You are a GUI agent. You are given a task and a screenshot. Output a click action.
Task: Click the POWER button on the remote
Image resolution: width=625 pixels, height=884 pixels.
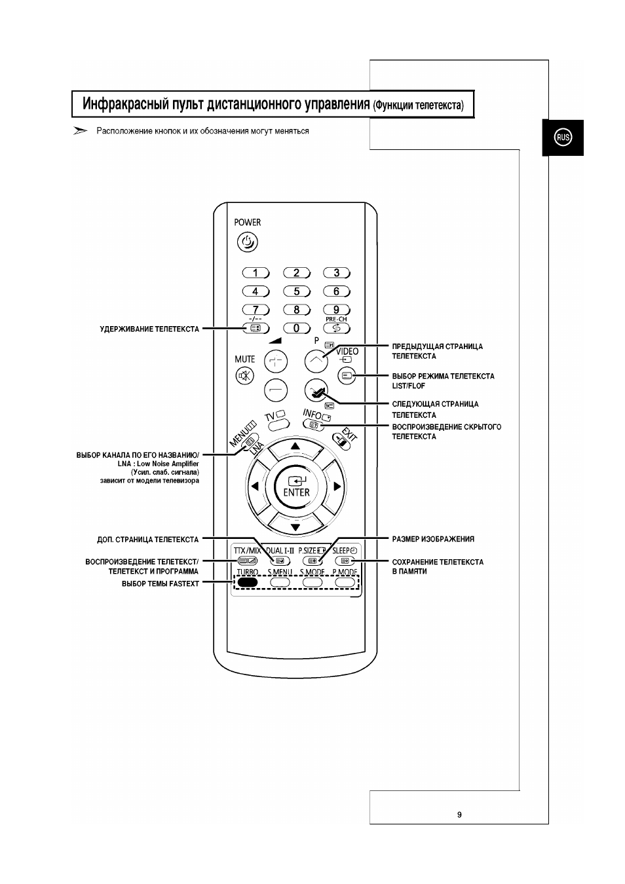tap(247, 242)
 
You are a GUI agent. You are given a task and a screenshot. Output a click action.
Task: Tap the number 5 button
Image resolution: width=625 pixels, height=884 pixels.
tap(297, 291)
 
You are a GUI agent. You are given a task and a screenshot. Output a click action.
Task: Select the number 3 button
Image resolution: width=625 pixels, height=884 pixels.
tap(336, 272)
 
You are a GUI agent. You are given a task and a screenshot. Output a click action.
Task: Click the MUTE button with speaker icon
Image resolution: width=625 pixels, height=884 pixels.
tap(245, 376)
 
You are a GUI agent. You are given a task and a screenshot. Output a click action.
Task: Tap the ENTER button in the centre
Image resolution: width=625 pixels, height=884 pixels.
tap(296, 487)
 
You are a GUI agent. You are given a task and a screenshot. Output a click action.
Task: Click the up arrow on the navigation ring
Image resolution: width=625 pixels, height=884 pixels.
tap(295, 447)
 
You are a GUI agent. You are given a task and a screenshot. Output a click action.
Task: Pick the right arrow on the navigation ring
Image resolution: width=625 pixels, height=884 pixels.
tap(337, 487)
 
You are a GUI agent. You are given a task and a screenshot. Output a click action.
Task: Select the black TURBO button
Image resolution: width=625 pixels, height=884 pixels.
tap(248, 582)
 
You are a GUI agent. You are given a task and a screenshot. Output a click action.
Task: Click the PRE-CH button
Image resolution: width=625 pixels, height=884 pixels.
tap(336, 328)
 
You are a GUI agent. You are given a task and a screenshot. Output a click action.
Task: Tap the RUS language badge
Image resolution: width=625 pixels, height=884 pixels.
tap(563, 138)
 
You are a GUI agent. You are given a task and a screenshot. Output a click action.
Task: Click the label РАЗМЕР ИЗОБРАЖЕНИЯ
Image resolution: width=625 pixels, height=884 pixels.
tap(433, 539)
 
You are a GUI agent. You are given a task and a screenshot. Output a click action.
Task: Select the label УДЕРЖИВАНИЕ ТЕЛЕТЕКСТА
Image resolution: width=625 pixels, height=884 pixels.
tap(149, 329)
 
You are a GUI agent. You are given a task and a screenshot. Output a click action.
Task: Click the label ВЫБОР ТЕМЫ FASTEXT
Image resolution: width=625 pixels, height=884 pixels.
tap(161, 583)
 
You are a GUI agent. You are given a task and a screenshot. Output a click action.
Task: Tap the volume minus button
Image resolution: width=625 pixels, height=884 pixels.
tap(276, 390)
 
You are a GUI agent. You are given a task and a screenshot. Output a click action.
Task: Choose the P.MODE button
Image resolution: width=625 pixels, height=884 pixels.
tap(345, 582)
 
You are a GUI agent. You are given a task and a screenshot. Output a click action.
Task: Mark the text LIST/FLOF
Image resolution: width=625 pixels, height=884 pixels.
tap(409, 386)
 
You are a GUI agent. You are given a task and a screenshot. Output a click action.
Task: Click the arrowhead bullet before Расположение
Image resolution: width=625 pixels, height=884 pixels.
tap(80, 131)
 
